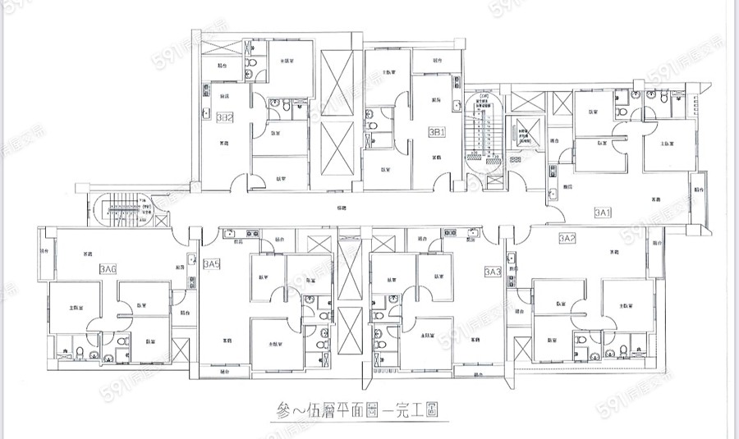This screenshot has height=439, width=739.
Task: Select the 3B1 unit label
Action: [x=437, y=130]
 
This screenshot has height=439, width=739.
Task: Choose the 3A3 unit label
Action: [x=493, y=271]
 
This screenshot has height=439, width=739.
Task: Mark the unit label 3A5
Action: [x=212, y=264]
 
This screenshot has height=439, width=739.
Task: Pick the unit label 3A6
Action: [x=108, y=268]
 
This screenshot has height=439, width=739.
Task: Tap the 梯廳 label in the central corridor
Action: [x=341, y=209]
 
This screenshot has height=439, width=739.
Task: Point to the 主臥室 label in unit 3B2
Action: [x=287, y=61]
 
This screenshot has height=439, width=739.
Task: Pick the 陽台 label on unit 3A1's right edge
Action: [x=699, y=190]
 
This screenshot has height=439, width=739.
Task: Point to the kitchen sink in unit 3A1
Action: [x=555, y=193]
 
